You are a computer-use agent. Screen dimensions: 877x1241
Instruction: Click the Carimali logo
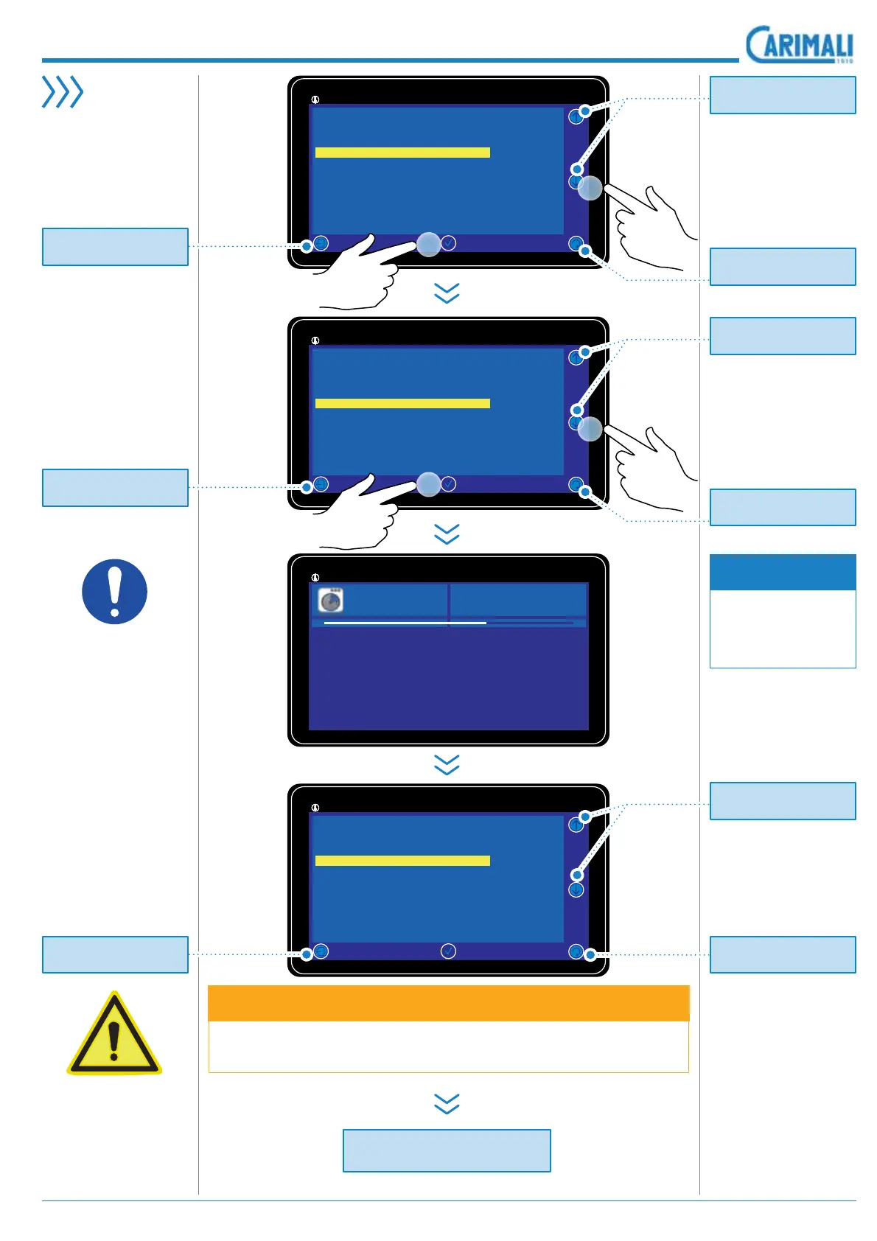pos(799,45)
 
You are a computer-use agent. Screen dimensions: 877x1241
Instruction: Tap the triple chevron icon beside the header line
pos(63,92)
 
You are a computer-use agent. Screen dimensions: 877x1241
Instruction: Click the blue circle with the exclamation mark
pos(114,592)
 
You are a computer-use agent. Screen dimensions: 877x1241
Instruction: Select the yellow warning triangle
pos(113,1035)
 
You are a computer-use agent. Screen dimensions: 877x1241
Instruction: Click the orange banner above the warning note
pos(448,1003)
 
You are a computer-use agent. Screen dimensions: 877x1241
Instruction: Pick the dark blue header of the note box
pos(783,572)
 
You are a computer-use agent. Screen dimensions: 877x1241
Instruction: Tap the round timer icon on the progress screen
pos(331,601)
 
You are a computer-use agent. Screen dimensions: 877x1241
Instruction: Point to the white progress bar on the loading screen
pos(405,623)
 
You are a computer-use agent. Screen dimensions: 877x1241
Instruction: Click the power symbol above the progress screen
pos(315,578)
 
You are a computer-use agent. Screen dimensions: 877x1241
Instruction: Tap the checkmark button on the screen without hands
pos(448,951)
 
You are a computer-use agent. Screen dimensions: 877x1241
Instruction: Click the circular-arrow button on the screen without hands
pos(576,952)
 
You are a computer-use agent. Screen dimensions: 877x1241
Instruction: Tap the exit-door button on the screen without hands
pos(321,951)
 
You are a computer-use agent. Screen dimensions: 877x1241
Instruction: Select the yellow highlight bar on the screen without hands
pos(402,861)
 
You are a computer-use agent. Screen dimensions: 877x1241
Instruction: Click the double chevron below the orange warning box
pos(447,1103)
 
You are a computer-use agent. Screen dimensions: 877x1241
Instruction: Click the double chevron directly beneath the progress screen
pos(447,764)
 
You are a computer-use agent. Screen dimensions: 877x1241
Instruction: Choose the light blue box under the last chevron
pos(447,1150)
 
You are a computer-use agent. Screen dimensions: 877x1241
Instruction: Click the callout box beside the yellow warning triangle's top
pos(115,954)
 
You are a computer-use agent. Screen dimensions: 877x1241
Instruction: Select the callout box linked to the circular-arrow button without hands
pos(783,954)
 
